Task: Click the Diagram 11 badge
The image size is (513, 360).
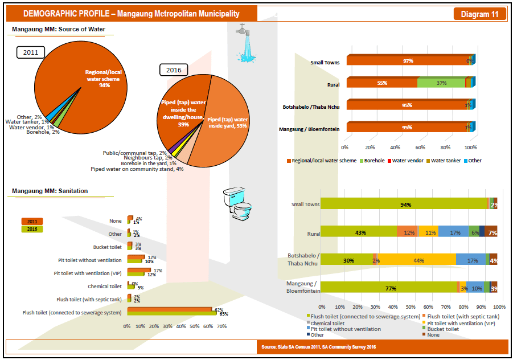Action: point(479,14)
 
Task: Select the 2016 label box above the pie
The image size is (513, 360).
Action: point(173,70)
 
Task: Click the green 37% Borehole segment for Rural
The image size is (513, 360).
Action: point(441,83)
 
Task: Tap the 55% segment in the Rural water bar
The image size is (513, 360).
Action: point(381,83)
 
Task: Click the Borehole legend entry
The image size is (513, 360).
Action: point(373,161)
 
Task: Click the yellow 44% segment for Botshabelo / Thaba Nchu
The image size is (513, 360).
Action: point(418,260)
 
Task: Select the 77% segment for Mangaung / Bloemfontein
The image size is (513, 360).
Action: point(389,288)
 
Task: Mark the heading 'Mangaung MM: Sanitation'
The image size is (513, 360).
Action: point(50,191)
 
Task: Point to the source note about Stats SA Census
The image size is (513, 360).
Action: point(318,347)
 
